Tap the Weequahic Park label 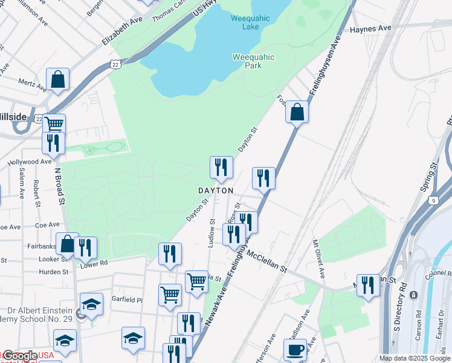tap(254, 61)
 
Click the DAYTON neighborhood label tap(216, 190)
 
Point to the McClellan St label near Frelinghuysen tap(265, 261)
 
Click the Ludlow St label tap(212, 230)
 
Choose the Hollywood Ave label tap(30, 162)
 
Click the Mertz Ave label tap(32, 83)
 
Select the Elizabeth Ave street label tap(122, 30)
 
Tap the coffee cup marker tap(295, 350)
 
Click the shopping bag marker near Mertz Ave tap(57, 79)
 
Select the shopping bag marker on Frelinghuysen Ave tap(297, 112)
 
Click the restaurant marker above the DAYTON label tap(221, 167)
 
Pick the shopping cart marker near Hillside tap(54, 124)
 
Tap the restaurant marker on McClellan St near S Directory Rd tap(368, 284)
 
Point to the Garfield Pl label tap(127, 299)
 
